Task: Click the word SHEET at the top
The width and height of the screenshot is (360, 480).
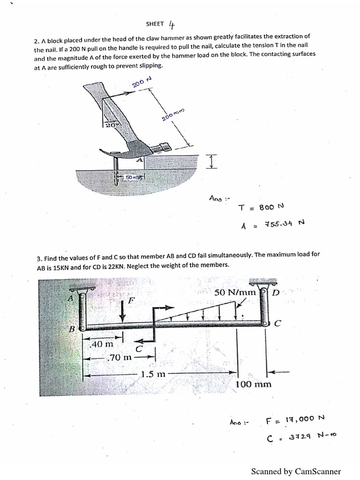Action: [155, 24]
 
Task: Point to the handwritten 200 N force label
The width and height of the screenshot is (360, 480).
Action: [142, 82]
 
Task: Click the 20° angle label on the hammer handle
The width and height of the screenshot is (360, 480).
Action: [109, 126]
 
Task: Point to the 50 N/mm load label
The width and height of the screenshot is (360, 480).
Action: [235, 292]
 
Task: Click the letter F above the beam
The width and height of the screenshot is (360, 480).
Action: [132, 299]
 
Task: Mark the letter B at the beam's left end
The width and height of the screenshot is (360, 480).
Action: [72, 329]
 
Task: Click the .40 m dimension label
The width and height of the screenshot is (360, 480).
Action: [102, 344]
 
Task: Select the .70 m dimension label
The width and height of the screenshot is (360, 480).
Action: [120, 358]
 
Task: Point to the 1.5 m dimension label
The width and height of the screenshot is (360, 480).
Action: [153, 375]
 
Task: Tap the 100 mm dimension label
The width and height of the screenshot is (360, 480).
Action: [253, 384]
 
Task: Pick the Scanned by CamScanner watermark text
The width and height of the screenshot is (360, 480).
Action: [296, 472]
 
